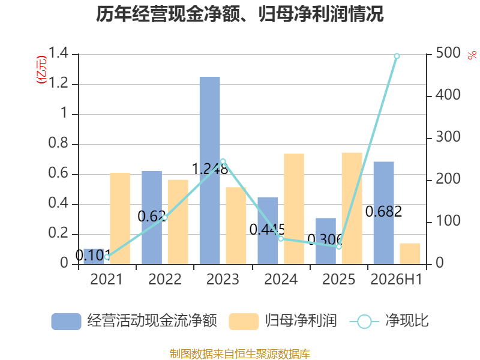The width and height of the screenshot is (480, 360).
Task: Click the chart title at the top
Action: coord(239,14)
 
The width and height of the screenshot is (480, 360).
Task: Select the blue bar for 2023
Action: coord(209,170)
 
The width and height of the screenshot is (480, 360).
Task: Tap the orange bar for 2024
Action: coord(294,209)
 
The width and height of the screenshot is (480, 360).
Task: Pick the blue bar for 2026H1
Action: coord(383,213)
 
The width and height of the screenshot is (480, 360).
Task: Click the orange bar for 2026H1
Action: coord(410,254)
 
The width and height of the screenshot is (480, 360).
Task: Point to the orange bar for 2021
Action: coord(120,218)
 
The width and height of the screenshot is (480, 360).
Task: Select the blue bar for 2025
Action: coord(326,241)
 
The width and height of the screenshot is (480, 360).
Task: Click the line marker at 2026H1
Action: coord(397,56)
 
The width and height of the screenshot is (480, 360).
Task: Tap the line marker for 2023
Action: coord(223,161)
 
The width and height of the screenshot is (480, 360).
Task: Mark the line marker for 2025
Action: coord(339,247)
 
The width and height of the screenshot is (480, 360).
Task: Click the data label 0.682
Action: coord(383,212)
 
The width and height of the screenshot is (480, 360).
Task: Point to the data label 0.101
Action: coord(93,256)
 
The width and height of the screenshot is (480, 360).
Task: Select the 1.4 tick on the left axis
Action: coord(58,53)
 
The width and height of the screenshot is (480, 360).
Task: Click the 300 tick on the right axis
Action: coord(448,137)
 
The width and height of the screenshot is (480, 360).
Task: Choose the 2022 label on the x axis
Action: coord(164,279)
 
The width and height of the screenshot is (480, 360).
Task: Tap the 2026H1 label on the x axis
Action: coord(397,279)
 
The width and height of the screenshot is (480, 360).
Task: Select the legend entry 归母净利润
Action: coord(283,321)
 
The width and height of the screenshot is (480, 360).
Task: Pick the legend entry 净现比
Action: coord(389,321)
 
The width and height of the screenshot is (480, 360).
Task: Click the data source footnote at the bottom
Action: coord(239,353)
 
